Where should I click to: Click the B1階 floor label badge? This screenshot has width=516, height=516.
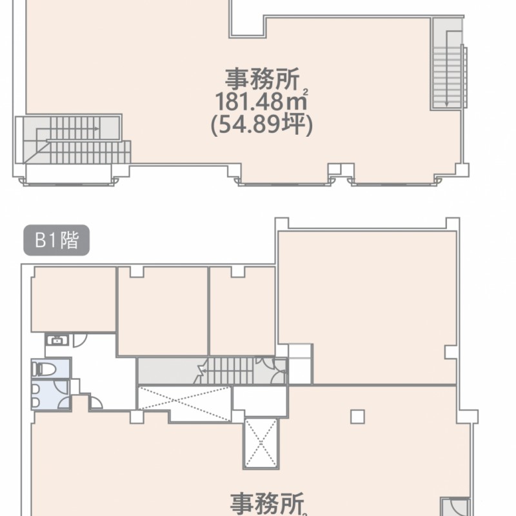tap(56, 240)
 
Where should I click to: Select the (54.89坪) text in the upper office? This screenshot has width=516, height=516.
tap(262, 124)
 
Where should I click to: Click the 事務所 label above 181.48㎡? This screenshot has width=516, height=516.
tap(263, 79)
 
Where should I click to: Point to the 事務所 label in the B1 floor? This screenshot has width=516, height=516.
tap(267, 504)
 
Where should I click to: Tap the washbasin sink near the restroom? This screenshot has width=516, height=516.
tap(57, 340)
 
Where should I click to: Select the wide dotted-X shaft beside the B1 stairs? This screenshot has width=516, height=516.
tap(184, 404)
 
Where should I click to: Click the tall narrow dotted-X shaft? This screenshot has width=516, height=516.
tap(261, 443)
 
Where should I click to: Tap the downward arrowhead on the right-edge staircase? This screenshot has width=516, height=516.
tap(446, 104)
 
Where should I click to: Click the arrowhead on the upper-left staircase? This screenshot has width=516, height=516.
tap(96, 128)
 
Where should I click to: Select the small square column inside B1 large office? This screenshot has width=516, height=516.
tap(357, 417)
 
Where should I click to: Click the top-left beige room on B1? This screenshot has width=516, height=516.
tap(74, 299)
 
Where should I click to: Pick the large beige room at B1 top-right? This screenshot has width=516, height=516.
tap(367, 307)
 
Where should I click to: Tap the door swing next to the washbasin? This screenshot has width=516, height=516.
tap(79, 341)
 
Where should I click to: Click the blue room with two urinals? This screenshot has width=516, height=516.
tap(51, 394)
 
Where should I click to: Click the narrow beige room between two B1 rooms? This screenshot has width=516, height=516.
tap(243, 311)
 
